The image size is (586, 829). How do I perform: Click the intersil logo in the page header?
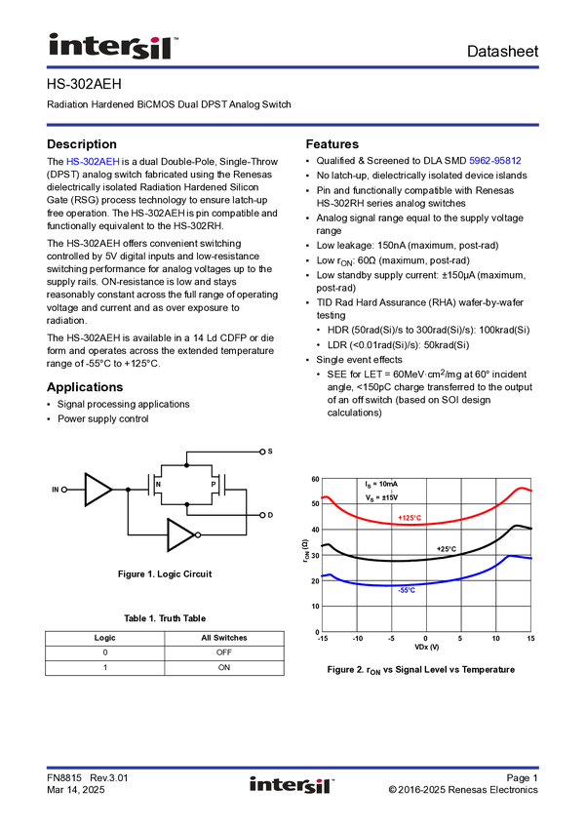click(x=113, y=46)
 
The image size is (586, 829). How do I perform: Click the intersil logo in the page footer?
click(x=293, y=785)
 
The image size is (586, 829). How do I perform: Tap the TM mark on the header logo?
click(x=176, y=40)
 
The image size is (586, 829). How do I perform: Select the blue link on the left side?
click(x=93, y=162)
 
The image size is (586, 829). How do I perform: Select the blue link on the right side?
click(x=495, y=161)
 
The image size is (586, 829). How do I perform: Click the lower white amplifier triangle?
click(x=178, y=534)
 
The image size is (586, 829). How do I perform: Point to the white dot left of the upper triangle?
click(x=63, y=489)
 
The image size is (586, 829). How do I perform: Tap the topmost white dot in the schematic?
click(x=262, y=452)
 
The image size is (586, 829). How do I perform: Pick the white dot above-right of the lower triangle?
click(x=262, y=514)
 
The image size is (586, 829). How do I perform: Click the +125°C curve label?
click(x=410, y=517)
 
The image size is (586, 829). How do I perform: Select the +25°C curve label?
click(x=446, y=549)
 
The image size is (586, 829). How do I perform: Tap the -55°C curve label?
click(x=408, y=591)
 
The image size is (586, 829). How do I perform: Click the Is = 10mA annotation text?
click(x=381, y=484)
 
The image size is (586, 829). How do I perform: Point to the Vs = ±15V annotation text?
click(x=381, y=497)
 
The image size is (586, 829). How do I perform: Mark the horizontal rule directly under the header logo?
click(x=293, y=67)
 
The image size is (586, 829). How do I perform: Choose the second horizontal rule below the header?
click(x=293, y=125)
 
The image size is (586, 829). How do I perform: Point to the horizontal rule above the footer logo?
click(x=293, y=766)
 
